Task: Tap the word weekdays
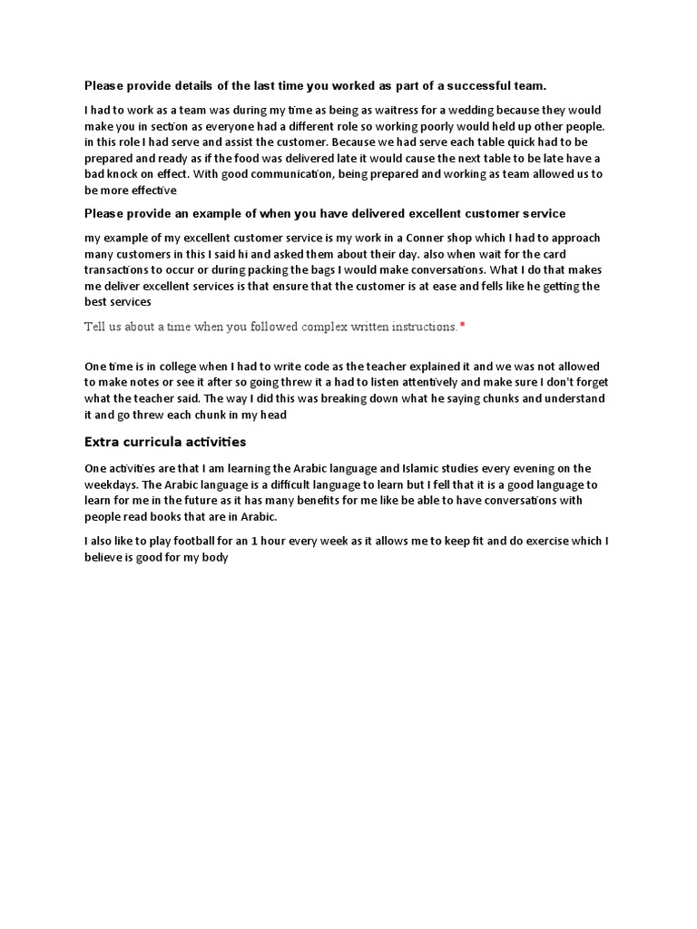coord(113,484)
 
